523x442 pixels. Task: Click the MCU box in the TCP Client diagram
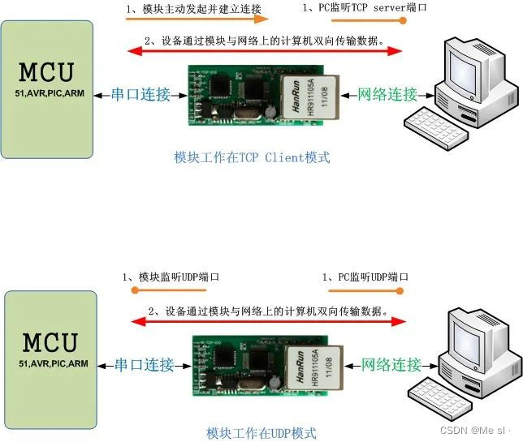[x=47, y=88]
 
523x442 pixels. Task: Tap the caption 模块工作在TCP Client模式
[x=252, y=158]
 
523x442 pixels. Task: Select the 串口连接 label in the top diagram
[x=141, y=94]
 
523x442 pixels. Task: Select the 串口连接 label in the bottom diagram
[x=144, y=365]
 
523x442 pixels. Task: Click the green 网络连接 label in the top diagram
[x=387, y=94]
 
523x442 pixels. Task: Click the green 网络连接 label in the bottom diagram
[x=391, y=365]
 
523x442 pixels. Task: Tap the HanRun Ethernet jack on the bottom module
[x=309, y=364]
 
